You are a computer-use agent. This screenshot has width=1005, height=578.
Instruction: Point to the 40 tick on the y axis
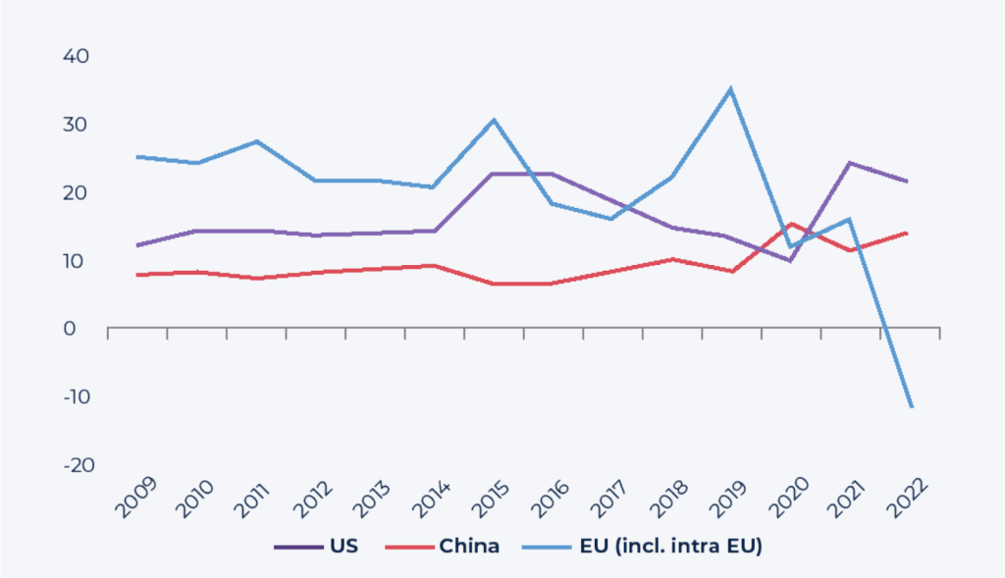77,56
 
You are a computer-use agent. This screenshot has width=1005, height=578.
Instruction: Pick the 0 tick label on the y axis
82,329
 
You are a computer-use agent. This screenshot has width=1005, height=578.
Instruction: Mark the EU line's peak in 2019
730,89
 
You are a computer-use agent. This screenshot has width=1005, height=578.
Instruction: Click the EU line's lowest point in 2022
911,406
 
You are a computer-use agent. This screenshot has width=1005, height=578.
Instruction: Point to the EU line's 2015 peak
494,120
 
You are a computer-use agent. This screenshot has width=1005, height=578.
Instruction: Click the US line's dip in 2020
790,261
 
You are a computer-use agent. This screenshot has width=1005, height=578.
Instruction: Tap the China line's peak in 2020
791,224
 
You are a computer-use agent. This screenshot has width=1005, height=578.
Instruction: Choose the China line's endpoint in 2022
908,233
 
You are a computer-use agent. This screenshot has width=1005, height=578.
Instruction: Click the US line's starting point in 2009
137,245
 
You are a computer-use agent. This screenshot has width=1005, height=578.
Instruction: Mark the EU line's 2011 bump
256,141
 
